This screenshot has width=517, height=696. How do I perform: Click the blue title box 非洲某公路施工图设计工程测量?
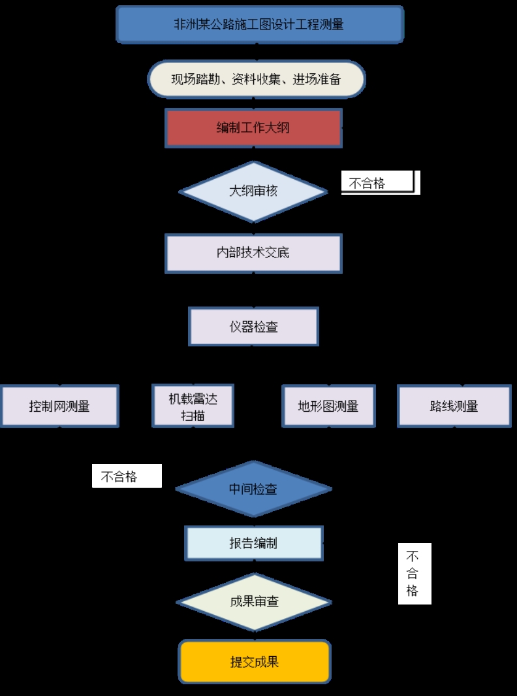tap(259, 24)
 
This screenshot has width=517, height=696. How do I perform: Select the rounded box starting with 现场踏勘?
tap(256, 80)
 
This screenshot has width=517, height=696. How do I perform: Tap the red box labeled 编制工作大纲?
tap(253, 128)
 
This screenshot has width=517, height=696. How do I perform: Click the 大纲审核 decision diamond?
tap(253, 191)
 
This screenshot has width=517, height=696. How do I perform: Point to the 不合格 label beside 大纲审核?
tap(378, 184)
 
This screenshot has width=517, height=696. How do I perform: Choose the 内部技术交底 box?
tap(253, 253)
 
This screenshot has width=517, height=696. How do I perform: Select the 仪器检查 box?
tap(253, 327)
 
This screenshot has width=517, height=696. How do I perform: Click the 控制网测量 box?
tap(59, 406)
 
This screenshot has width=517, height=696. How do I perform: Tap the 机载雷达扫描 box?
tap(193, 406)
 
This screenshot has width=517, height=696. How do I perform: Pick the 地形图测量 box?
tap(328, 406)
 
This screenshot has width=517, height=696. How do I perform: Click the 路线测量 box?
tap(454, 406)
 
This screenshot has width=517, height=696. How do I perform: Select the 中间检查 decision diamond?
tap(253, 489)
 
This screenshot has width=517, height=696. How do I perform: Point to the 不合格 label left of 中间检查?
tap(126, 476)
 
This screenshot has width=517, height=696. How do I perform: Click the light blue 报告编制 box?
tap(253, 543)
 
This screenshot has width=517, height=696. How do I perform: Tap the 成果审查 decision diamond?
tap(254, 602)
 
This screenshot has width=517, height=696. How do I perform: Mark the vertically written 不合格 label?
tap(414, 574)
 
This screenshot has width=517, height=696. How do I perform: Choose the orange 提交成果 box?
tap(255, 661)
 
